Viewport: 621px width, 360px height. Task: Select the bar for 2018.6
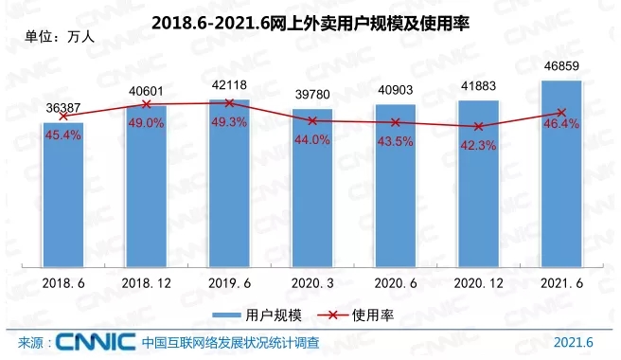[x=63, y=194]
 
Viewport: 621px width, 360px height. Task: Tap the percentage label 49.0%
[x=147, y=122]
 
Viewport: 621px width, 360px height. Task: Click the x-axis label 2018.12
[x=147, y=281]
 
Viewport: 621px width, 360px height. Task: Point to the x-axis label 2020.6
[x=396, y=281]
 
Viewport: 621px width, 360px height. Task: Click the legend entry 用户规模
[x=256, y=314]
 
